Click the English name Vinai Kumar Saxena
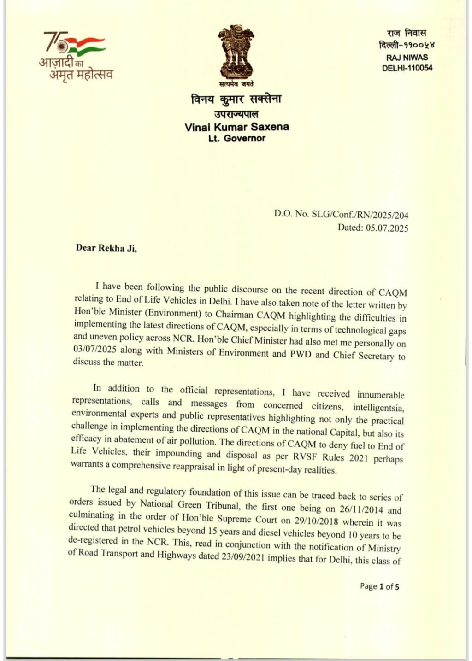(237, 127)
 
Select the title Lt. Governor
(237, 138)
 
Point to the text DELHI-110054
(407, 68)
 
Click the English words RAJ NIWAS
(407, 58)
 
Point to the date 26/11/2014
(360, 509)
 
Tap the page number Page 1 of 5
(379, 586)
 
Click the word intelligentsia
(378, 407)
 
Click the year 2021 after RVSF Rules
(358, 458)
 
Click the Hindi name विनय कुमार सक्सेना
(236, 99)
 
